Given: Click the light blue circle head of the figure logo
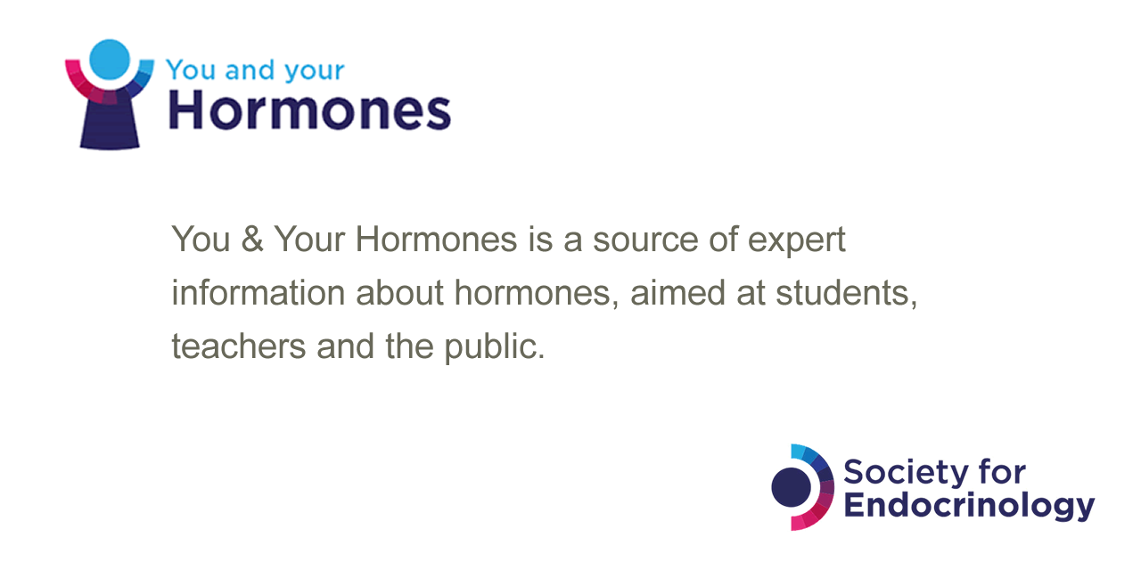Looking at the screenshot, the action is pyautogui.click(x=110, y=60).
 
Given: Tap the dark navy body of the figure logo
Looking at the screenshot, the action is pyautogui.click(x=110, y=122).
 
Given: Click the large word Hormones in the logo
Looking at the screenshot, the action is pyautogui.click(x=309, y=110).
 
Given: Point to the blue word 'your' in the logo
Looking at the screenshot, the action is pyautogui.click(x=315, y=72).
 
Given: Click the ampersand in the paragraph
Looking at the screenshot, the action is pyautogui.click(x=252, y=239).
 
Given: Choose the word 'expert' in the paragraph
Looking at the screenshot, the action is pyautogui.click(x=797, y=240).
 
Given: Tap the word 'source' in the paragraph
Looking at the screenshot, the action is pyautogui.click(x=645, y=240).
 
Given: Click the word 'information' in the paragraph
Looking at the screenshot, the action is pyautogui.click(x=259, y=293).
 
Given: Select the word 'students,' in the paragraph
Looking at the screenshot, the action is pyautogui.click(x=846, y=294).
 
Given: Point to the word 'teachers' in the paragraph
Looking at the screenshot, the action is pyautogui.click(x=238, y=346).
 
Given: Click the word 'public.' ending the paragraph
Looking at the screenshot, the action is pyautogui.click(x=495, y=347).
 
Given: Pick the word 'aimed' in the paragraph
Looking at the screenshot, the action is pyautogui.click(x=677, y=293).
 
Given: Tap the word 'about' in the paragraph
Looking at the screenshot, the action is pyautogui.click(x=400, y=293).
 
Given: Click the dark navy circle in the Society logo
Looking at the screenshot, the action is pyautogui.click(x=791, y=487).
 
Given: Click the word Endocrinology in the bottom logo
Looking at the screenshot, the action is pyautogui.click(x=969, y=507).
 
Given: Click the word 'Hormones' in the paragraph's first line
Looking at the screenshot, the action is pyautogui.click(x=436, y=239).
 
